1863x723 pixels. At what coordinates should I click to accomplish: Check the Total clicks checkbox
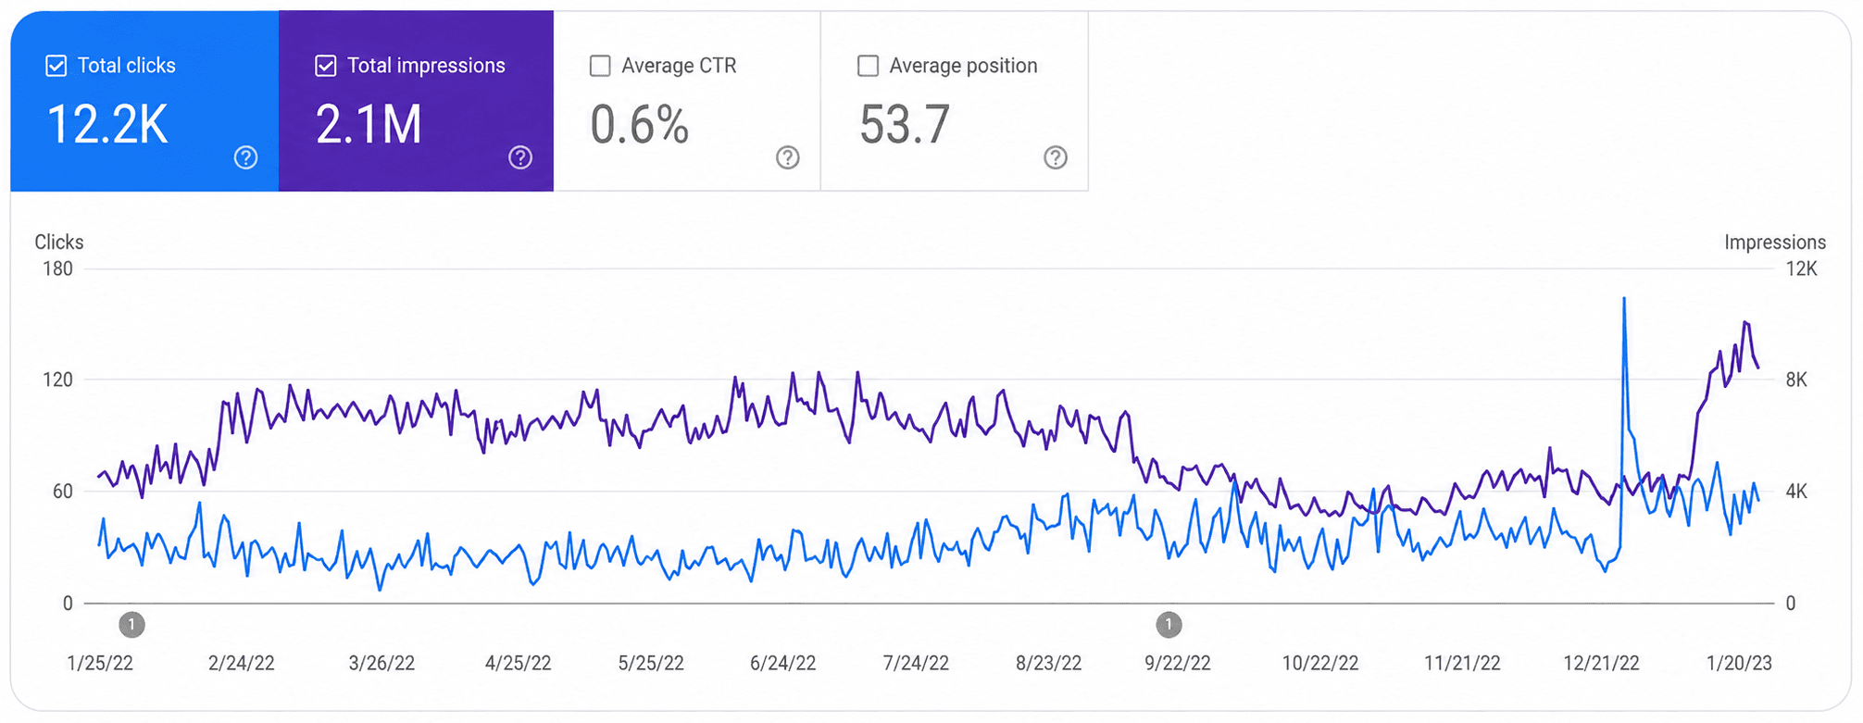(56, 66)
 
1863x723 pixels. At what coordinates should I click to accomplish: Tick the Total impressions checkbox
(326, 66)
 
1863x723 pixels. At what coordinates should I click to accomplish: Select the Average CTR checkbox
(600, 66)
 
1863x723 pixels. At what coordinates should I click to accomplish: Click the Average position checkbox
(868, 66)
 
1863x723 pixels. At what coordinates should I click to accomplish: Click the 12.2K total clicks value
(107, 125)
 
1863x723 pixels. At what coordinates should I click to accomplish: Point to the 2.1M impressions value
(369, 125)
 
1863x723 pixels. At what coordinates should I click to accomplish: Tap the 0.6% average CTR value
(640, 125)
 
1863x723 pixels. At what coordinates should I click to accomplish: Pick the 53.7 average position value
(905, 125)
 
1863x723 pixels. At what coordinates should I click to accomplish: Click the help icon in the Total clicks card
(245, 157)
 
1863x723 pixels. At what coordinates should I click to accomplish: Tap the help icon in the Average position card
(1056, 157)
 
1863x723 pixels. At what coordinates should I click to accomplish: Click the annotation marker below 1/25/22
(131, 625)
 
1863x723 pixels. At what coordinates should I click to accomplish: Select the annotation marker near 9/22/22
(1169, 625)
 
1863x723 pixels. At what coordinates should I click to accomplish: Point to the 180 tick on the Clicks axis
(57, 268)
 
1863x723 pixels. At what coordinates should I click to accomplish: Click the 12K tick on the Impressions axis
(1801, 268)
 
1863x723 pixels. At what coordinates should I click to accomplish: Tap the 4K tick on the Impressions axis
(1796, 492)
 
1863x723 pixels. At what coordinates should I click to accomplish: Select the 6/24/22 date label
(783, 663)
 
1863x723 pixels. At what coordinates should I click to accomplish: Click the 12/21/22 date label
(1601, 663)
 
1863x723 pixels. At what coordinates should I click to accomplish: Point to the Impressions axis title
(1775, 243)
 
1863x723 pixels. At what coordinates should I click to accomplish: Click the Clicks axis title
(59, 243)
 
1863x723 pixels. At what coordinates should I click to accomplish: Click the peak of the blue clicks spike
(1624, 298)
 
